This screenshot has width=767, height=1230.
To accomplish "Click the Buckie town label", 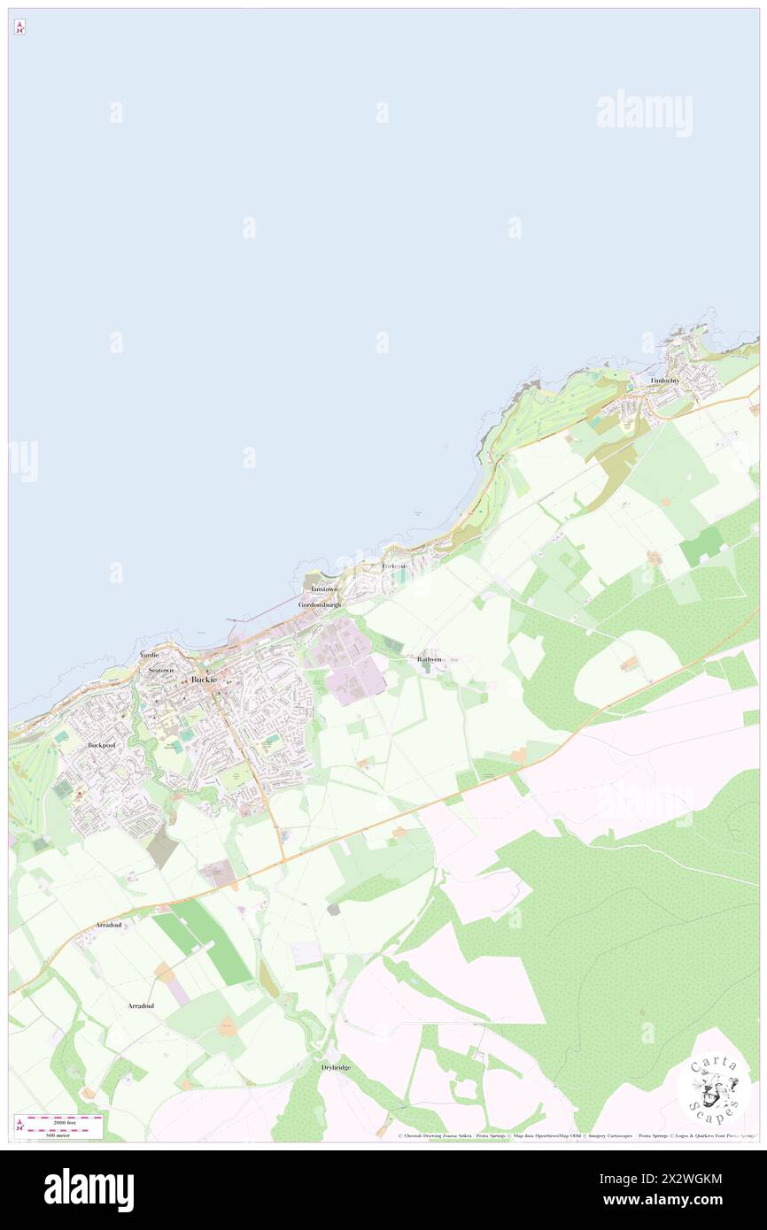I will (x=204, y=680).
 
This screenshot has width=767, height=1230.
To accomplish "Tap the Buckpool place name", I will (x=102, y=746).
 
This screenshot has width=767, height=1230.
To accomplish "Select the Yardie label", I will (x=149, y=655).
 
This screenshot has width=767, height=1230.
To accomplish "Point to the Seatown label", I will (x=161, y=670).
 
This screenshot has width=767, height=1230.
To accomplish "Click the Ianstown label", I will (x=324, y=589).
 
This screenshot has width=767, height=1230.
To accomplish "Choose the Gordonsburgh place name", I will (x=320, y=604).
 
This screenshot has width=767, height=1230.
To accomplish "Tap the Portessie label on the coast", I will (x=395, y=565).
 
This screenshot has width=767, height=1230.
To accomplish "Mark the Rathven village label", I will (x=430, y=659).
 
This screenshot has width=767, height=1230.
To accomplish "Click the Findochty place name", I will (x=664, y=381).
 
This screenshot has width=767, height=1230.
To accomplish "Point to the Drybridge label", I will (x=336, y=1068).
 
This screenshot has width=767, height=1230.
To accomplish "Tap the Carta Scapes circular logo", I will (x=714, y=1088).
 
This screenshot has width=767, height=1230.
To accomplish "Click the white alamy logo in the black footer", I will (x=89, y=1190).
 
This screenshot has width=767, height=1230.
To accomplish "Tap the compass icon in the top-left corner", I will (x=19, y=27).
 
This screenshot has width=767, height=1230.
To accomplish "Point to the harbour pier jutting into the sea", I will (x=266, y=612).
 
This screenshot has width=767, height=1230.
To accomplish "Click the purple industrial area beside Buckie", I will (x=345, y=659).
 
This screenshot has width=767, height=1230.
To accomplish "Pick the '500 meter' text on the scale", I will (x=58, y=1134).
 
